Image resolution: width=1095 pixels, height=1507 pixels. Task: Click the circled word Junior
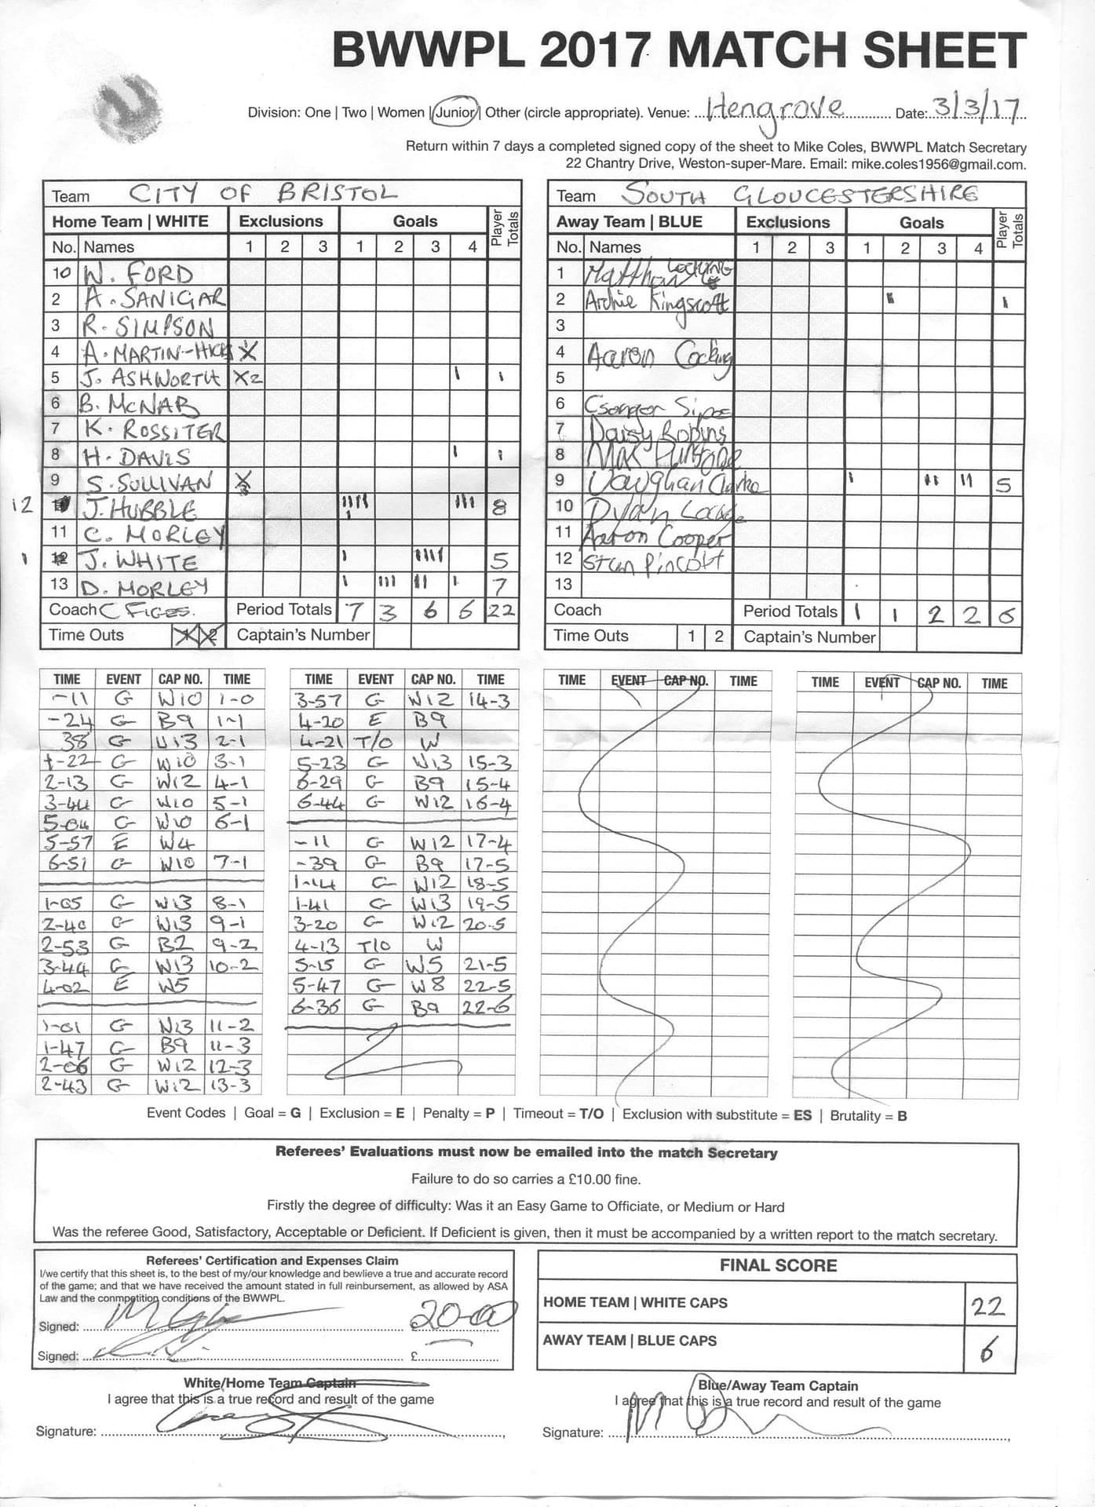click(x=456, y=112)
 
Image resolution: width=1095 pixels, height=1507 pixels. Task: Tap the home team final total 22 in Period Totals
click(x=501, y=610)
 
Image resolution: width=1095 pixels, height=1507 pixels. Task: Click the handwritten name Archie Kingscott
click(x=656, y=301)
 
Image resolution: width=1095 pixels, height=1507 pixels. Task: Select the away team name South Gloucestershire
click(x=801, y=194)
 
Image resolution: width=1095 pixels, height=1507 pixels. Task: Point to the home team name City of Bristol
click(x=263, y=192)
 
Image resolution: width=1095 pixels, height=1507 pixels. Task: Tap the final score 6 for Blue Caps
click(x=987, y=1352)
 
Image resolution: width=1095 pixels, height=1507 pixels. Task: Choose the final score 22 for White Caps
click(x=987, y=1307)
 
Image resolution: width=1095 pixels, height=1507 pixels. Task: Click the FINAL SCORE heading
click(x=778, y=1265)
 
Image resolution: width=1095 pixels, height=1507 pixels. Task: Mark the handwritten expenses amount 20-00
click(x=463, y=1315)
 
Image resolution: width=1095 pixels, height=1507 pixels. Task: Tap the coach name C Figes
click(x=148, y=610)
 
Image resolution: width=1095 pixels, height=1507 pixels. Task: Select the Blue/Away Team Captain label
click(x=777, y=1385)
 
